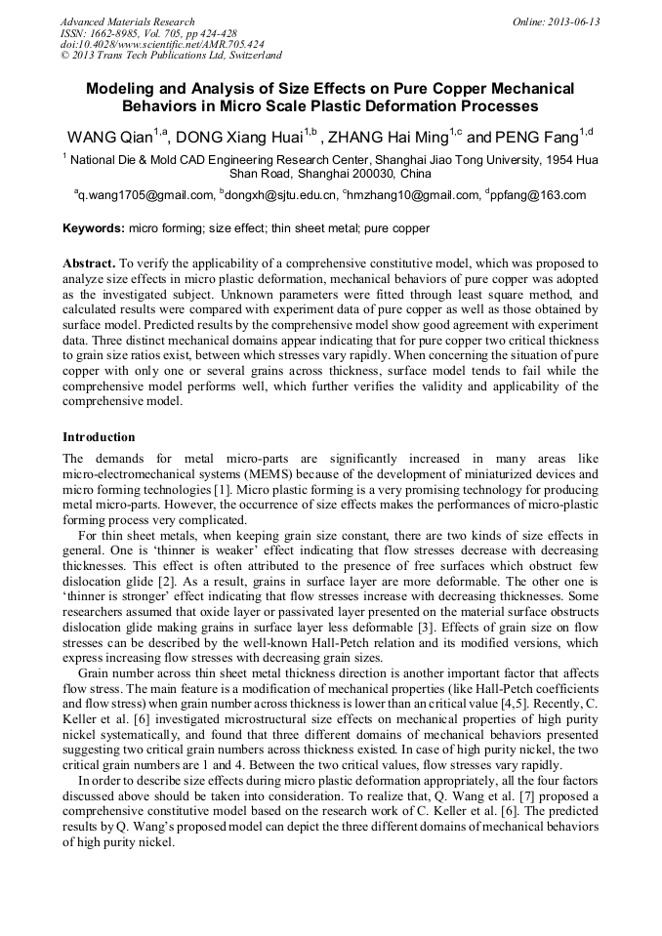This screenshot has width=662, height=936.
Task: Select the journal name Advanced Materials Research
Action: point(127,21)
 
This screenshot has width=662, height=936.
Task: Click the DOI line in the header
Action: point(162,45)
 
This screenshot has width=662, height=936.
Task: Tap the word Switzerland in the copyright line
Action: point(251,56)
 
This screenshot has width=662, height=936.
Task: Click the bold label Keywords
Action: point(94,228)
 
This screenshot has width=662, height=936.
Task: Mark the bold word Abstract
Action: point(89,264)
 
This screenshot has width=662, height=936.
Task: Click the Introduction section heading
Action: point(99,436)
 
